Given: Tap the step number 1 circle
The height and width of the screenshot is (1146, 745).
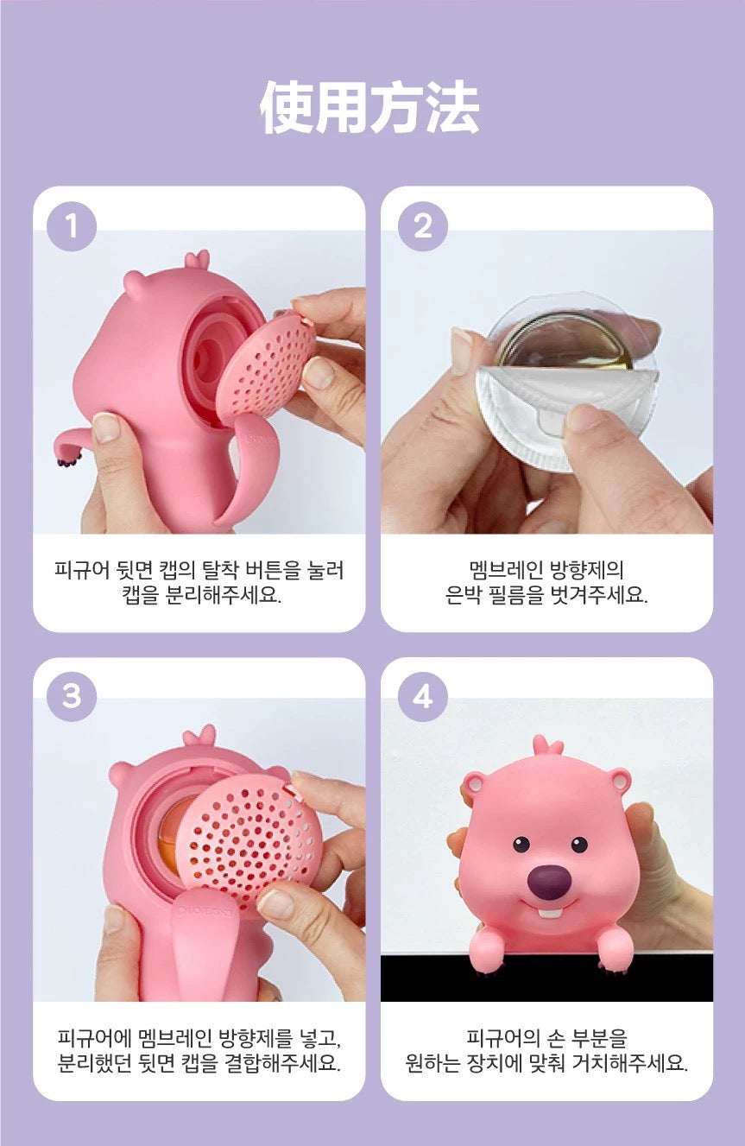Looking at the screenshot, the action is pyautogui.click(x=72, y=226).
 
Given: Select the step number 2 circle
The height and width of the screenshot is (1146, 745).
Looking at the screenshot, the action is pyautogui.click(x=422, y=226).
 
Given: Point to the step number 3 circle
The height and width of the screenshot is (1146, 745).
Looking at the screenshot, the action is pyautogui.click(x=72, y=697).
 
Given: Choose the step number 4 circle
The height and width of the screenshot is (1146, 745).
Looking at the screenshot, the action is pyautogui.click(x=422, y=697).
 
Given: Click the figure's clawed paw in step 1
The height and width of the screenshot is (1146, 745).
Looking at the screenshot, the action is pyautogui.click(x=66, y=456).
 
